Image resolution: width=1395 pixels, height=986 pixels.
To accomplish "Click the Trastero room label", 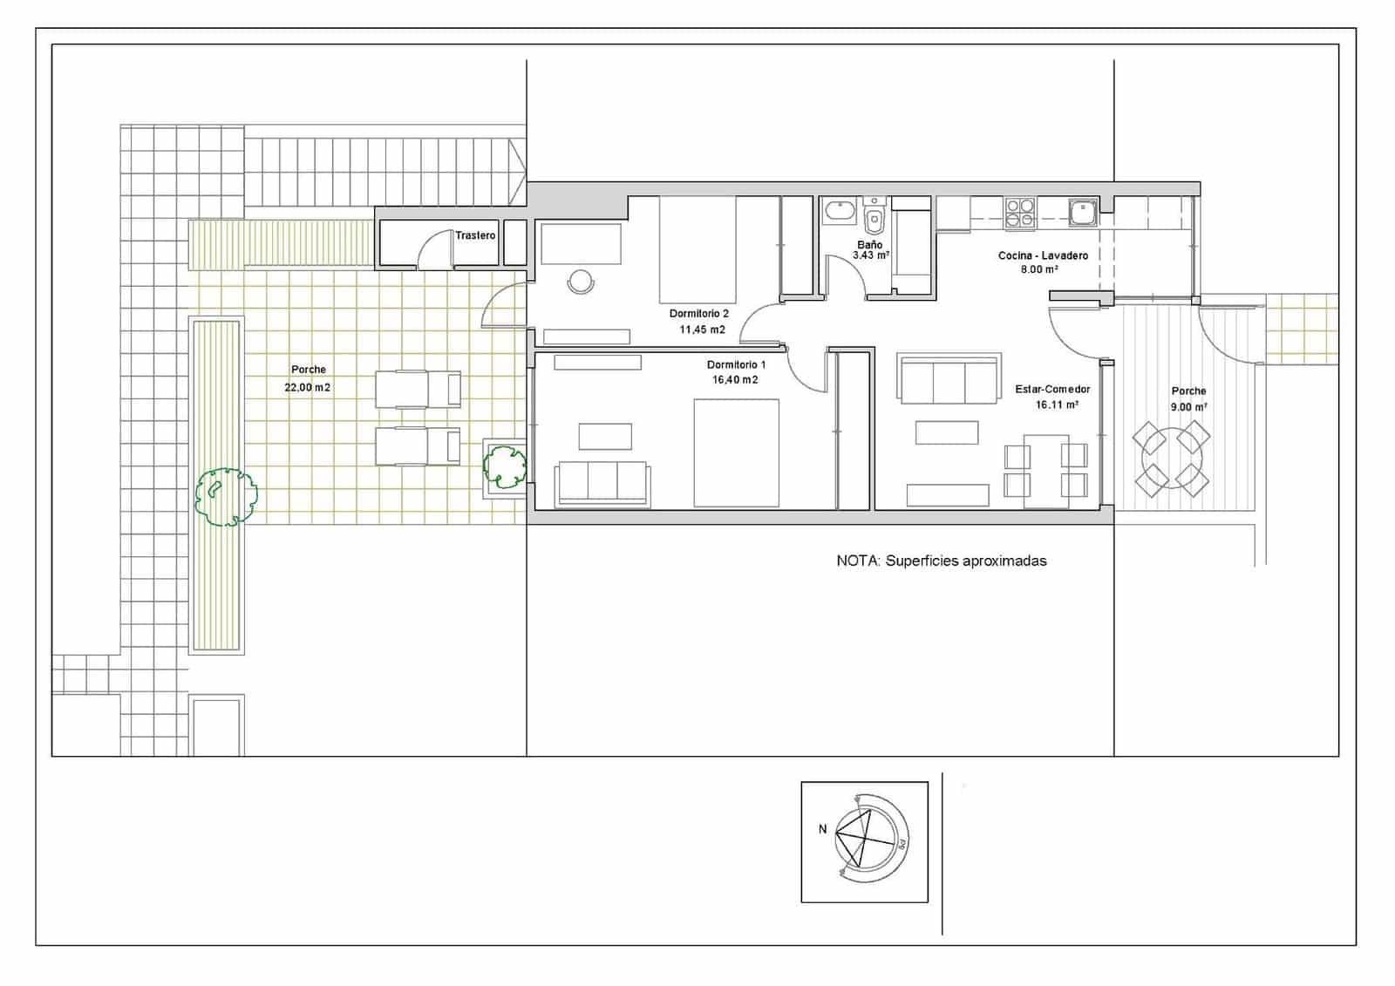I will pyautogui.click(x=475, y=235).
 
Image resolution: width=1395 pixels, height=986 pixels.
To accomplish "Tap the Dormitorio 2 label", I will pyautogui.click(x=698, y=313).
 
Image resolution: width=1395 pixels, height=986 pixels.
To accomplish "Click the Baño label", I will pyautogui.click(x=869, y=245).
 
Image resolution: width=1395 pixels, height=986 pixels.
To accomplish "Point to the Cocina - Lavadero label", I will pyautogui.click(x=1043, y=255).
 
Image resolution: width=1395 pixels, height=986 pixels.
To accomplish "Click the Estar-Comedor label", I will pyautogui.click(x=1052, y=389).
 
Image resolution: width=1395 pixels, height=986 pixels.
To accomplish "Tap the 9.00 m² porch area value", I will pyautogui.click(x=1188, y=407).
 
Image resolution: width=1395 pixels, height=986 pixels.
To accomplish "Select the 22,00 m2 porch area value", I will pyautogui.click(x=307, y=388).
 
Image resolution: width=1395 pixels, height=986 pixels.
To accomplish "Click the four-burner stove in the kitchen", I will pyautogui.click(x=1020, y=213).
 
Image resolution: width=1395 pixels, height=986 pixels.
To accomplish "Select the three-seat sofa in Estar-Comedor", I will pyautogui.click(x=949, y=380).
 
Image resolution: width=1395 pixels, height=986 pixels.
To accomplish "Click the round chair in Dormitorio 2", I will pyautogui.click(x=580, y=282).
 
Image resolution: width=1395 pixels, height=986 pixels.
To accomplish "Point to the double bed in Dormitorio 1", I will pyautogui.click(x=736, y=452).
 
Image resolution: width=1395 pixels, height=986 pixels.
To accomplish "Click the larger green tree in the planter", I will pyautogui.click(x=225, y=497).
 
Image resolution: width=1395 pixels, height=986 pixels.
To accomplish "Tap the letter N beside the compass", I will pyautogui.click(x=822, y=829).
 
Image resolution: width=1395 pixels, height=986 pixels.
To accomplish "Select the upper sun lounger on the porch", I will pyautogui.click(x=418, y=389).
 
